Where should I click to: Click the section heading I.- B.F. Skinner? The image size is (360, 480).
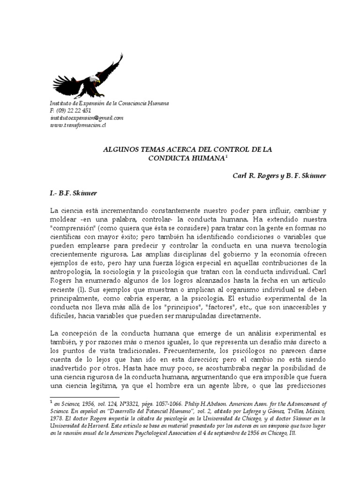pyautogui.click(x=74, y=193)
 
